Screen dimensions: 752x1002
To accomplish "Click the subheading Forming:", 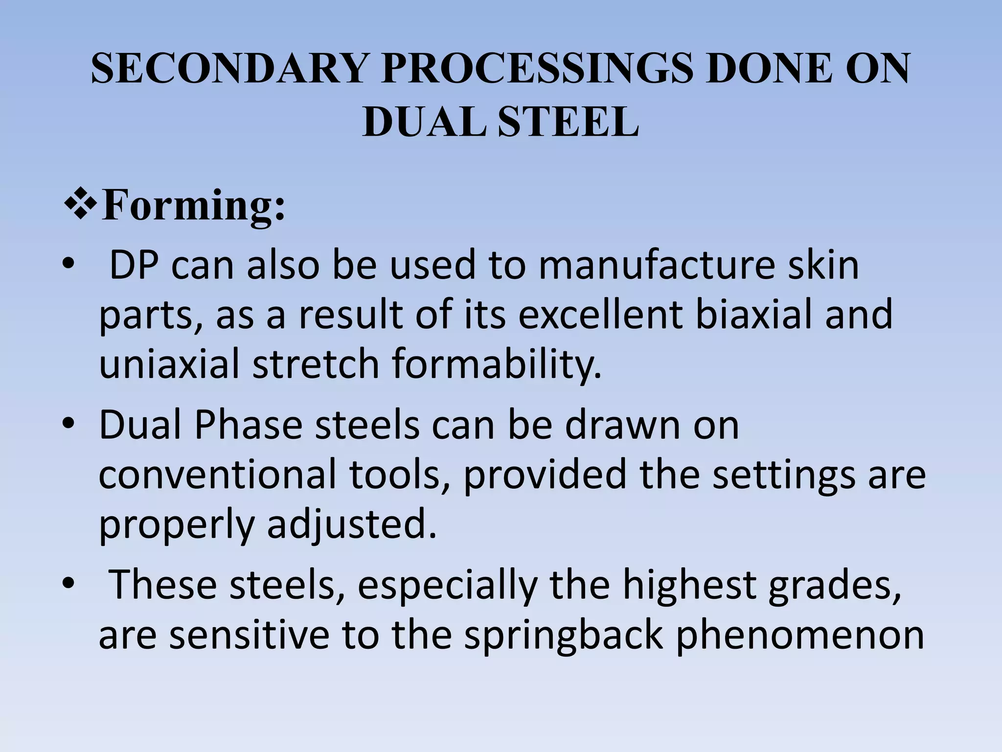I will pos(193,206).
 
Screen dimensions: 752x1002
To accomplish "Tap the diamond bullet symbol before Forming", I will pos(79,205).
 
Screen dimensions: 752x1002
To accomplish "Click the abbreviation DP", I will pos(134,265).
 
